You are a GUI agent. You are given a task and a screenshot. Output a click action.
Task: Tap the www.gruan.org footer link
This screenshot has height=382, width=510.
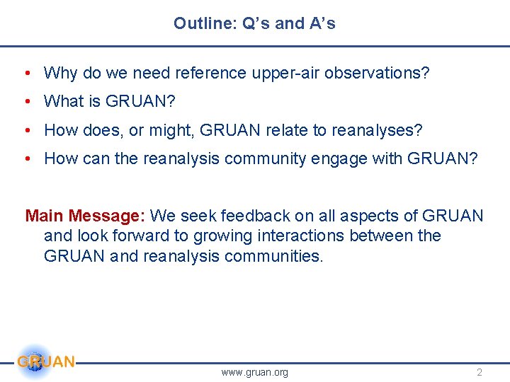[x=254, y=372]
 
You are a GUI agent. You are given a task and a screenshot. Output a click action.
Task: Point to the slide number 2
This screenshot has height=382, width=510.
[x=480, y=372]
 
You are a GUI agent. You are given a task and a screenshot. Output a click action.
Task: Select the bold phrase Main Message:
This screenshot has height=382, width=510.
[x=86, y=215]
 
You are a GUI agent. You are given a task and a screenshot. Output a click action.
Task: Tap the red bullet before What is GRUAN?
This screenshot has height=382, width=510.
[x=26, y=101]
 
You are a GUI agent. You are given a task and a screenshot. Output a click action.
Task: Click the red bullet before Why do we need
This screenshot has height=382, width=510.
[x=26, y=73]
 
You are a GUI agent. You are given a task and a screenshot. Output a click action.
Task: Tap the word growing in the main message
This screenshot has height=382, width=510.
[x=198, y=236]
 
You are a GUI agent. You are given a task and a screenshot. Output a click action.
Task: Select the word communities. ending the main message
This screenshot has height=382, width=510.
[x=273, y=256]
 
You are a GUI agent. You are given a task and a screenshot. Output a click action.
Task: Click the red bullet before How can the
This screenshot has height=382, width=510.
[x=26, y=158]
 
